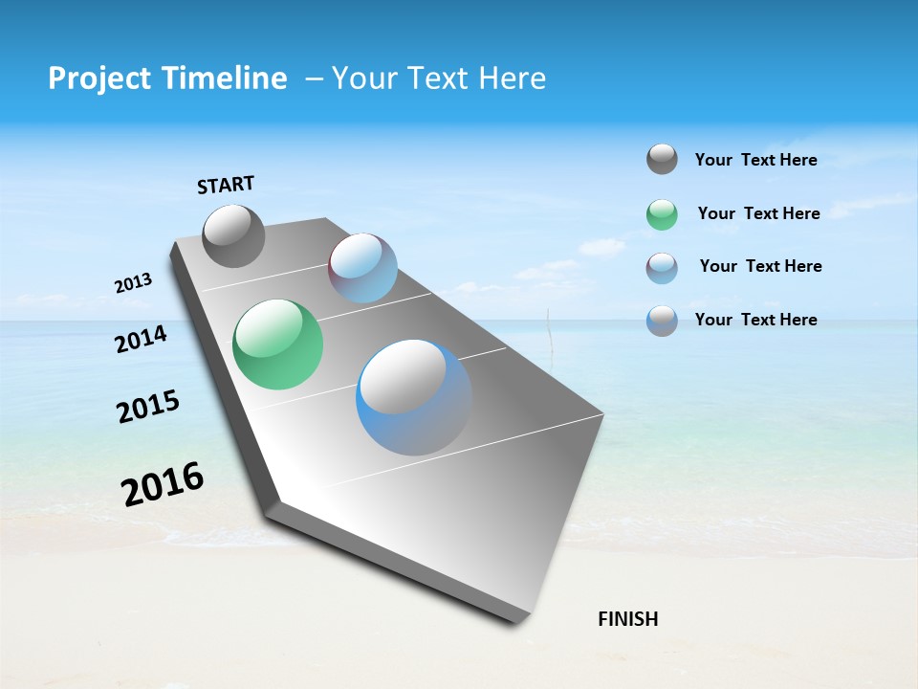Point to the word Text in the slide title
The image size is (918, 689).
pos(431,78)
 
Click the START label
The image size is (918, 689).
pos(226,185)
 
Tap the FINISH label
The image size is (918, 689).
pos(628,619)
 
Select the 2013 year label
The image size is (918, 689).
pos(134,283)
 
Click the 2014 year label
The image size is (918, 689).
pos(142,340)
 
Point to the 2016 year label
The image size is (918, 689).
pos(163,483)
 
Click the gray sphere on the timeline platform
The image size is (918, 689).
pos(233,235)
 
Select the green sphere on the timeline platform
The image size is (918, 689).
pos(278,344)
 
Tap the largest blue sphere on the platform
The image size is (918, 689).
pos(414,397)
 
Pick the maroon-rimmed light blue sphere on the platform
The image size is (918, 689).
pos(362,268)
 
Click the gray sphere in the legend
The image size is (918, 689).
pos(662,159)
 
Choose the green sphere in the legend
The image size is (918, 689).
pos(662,214)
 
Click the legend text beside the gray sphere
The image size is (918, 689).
pos(755,160)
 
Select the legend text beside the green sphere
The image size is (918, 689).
pos(758,213)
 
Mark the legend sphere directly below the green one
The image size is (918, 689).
pos(662,268)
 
